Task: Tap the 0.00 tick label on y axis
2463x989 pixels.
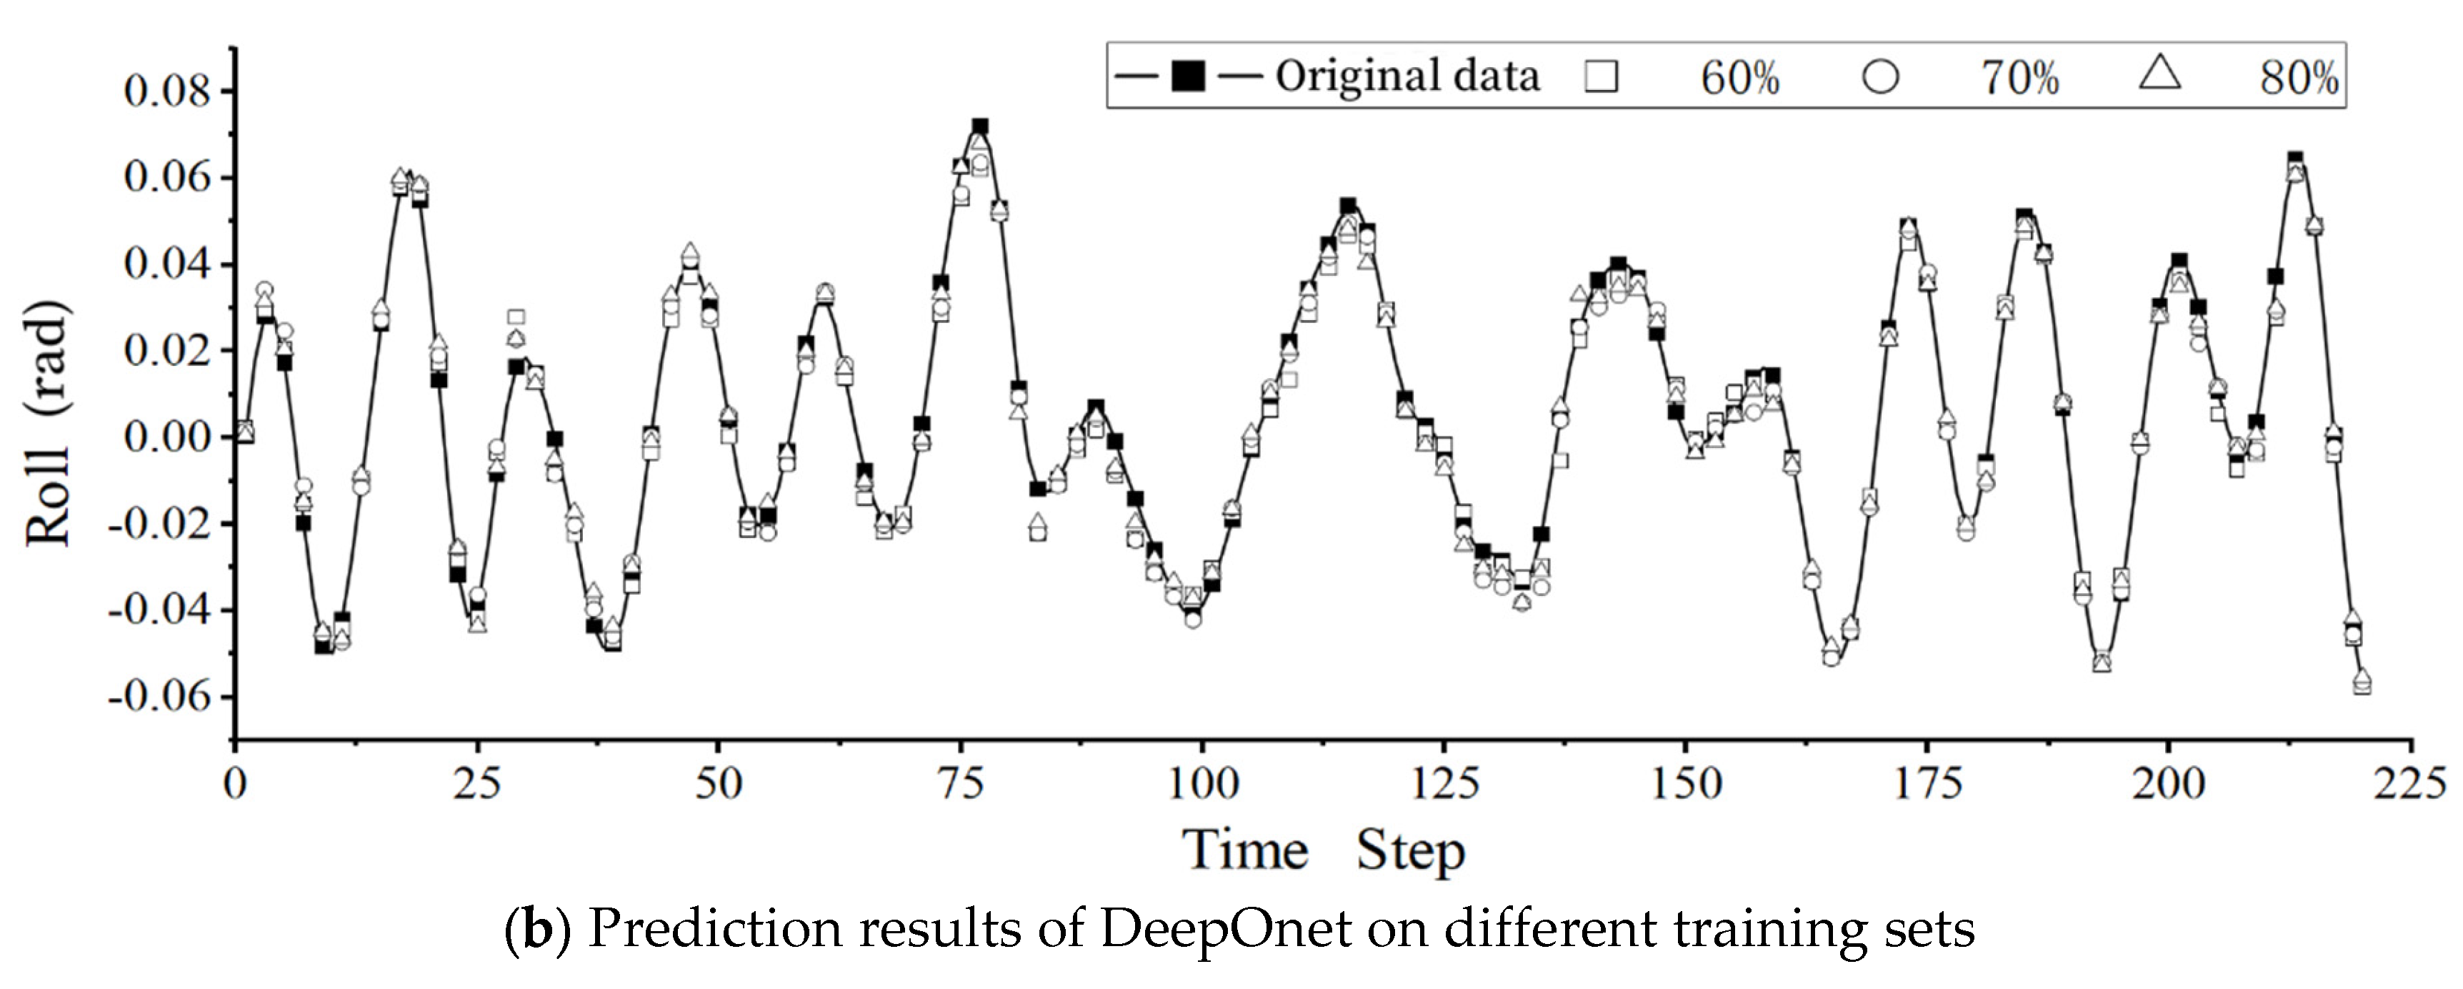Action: [x=166, y=438]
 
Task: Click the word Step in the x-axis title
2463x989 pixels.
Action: [x=1410, y=851]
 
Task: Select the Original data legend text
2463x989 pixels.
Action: [x=1407, y=76]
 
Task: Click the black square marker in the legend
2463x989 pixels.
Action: [x=1187, y=76]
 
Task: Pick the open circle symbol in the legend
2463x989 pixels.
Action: [x=1880, y=76]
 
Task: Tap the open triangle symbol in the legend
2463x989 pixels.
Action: [x=2160, y=74]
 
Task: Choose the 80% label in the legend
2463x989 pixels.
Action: [x=2299, y=77]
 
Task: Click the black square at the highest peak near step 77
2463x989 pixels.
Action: [x=980, y=126]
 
